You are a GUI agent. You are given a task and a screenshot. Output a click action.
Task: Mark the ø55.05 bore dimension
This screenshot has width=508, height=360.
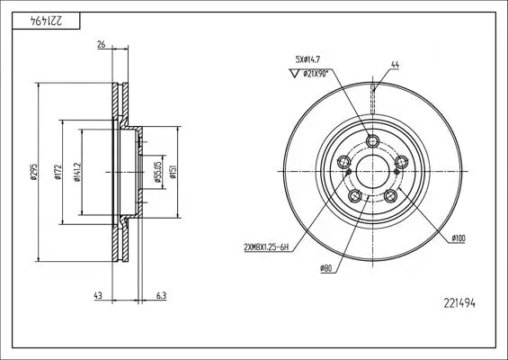point(156,171)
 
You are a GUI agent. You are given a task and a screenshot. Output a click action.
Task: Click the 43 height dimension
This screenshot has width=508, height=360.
point(98,295)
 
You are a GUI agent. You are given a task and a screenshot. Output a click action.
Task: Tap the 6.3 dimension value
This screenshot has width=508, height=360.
point(161,295)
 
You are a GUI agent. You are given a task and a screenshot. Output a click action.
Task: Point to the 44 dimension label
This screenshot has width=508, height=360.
point(395,65)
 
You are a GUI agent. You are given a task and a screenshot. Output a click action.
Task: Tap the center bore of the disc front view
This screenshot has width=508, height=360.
point(372,172)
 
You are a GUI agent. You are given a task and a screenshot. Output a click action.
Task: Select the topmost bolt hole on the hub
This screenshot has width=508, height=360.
point(372,139)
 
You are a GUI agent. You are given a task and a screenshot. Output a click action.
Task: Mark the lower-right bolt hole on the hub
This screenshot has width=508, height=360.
point(391,197)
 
